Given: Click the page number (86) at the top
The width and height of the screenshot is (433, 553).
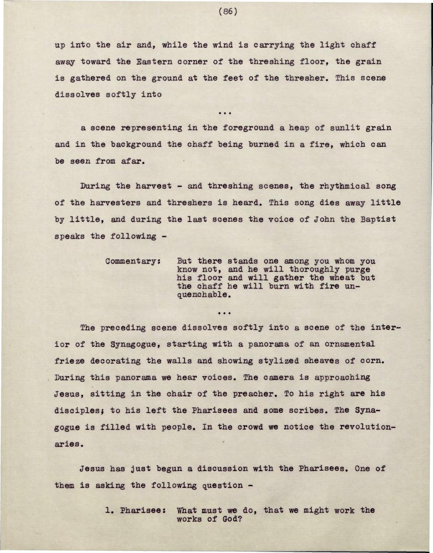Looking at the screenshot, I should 227,12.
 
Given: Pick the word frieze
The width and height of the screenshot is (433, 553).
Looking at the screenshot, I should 70,361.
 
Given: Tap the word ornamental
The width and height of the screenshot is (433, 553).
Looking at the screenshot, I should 349,344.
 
